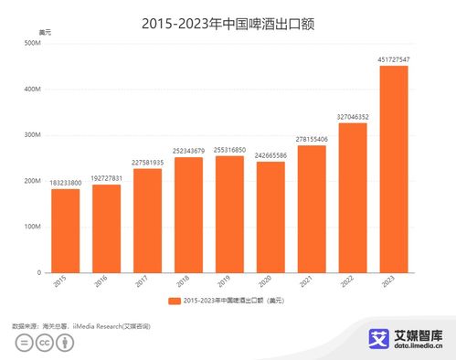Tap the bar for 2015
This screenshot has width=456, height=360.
65,230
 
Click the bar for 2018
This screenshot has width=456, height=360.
187,215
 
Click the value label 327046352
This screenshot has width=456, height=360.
352,116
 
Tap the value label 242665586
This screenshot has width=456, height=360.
270,154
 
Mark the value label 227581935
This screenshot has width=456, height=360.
147,162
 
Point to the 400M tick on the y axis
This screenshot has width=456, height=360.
33,90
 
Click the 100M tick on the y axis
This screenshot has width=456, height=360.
33,227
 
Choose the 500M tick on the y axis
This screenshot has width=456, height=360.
33,44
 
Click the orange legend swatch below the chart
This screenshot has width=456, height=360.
175,301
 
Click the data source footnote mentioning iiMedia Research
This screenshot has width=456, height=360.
80,325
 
